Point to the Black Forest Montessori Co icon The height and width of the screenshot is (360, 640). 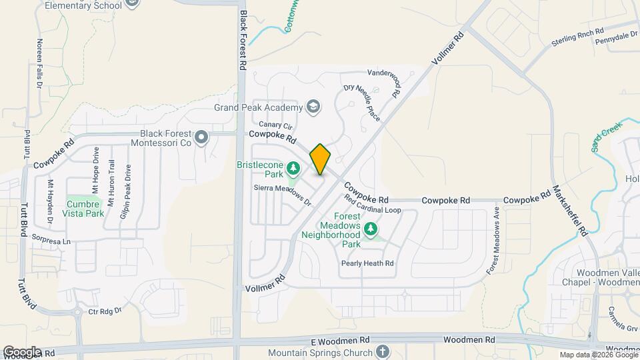(202, 138)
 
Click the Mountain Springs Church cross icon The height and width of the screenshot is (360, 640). (382, 351)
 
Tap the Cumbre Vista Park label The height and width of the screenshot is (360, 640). (85, 209)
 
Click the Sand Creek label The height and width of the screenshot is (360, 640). (606, 137)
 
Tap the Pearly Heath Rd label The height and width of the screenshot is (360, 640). (367, 263)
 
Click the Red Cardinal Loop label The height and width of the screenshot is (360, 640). (373, 205)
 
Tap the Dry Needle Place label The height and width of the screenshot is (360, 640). (361, 103)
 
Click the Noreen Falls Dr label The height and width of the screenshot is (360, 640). (40, 63)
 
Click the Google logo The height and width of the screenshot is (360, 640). (22, 351)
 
